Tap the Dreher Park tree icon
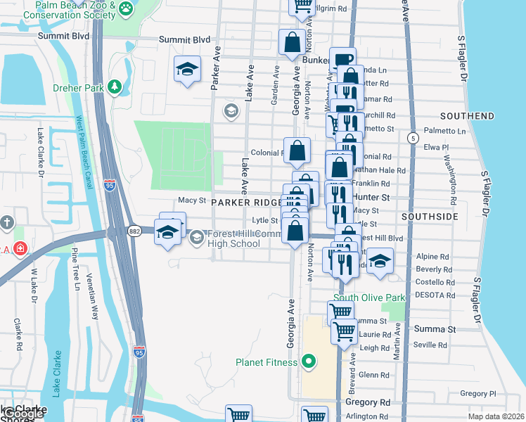(113, 87)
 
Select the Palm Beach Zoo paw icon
(126, 8)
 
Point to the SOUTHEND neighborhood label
(467, 115)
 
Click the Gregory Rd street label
(367, 402)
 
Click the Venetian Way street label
(92, 295)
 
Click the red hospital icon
(20, 248)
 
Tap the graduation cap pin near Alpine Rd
(380, 262)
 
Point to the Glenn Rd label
(369, 375)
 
